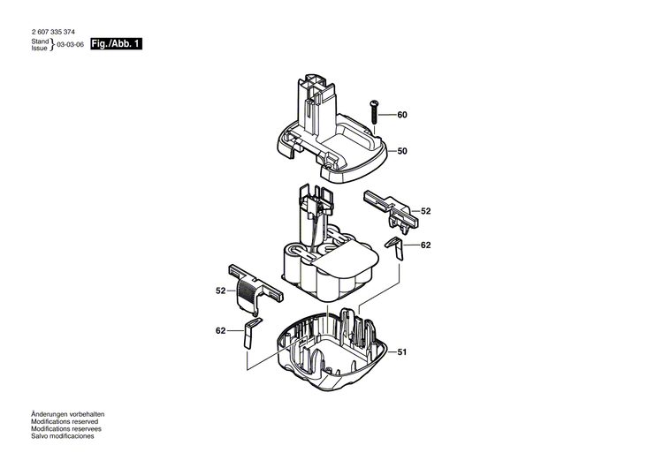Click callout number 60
pos(402,116)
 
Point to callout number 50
pos(402,152)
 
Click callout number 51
pos(402,352)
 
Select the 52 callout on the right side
pos(425,212)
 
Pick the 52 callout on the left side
pos(220,291)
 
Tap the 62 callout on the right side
pos(425,245)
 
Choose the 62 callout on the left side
pos(220,330)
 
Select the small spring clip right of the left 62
pos(250,332)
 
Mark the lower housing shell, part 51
pos(331,353)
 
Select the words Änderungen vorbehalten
pos(68,414)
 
